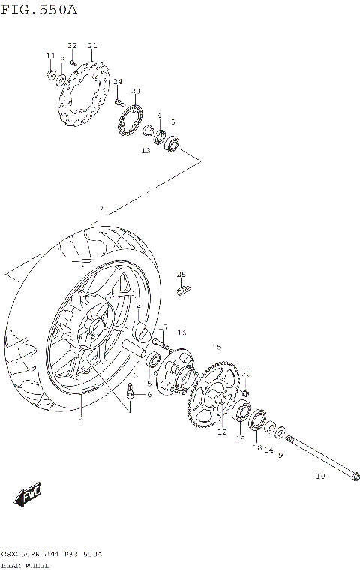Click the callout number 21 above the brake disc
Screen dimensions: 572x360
click(92, 46)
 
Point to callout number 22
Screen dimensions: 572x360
click(73, 46)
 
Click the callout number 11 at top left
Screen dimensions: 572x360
click(50, 56)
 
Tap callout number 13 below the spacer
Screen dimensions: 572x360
click(145, 151)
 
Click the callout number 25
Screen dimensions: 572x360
click(181, 274)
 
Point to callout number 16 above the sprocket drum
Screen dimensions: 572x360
click(181, 332)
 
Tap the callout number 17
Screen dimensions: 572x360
click(163, 327)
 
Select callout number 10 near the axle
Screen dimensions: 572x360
click(320, 476)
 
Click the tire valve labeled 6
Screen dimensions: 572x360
click(131, 390)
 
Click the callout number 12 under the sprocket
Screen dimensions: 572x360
click(222, 432)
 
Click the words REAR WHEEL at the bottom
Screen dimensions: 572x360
click(25, 565)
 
